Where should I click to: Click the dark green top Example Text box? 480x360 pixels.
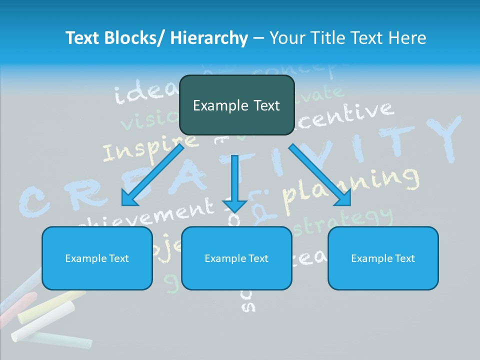click(x=236, y=105)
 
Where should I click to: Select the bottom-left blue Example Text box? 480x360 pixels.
click(x=97, y=258)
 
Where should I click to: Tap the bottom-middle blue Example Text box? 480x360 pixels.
click(x=236, y=258)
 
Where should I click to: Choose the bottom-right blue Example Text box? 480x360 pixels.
click(x=383, y=258)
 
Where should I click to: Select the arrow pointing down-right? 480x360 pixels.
click(x=320, y=175)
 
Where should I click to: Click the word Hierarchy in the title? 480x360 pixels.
click(x=209, y=38)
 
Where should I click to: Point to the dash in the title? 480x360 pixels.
click(x=258, y=38)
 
